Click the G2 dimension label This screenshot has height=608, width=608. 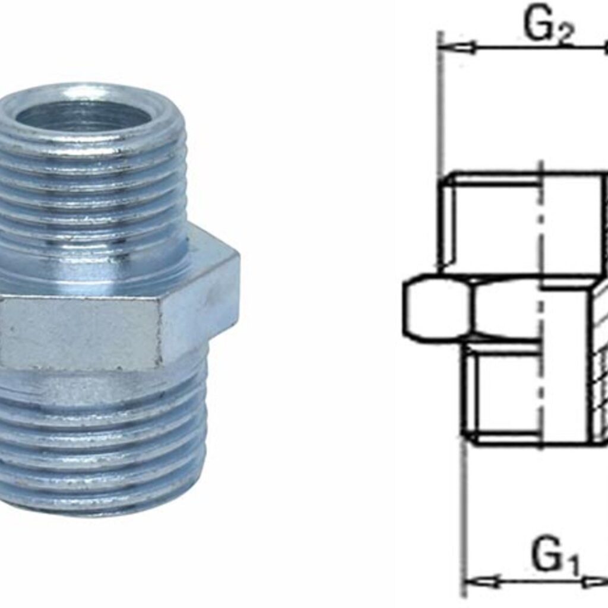click(548, 27)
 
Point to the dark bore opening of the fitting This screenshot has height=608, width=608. click(83, 116)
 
